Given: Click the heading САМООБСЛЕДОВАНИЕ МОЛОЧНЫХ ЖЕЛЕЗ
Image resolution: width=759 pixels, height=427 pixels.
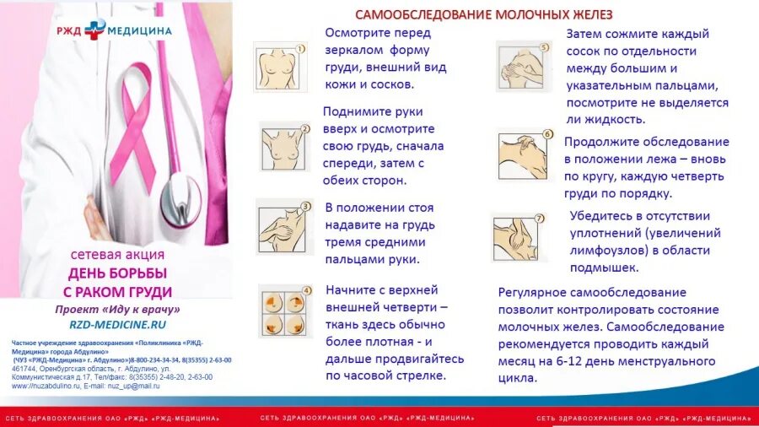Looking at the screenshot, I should coord(483,14).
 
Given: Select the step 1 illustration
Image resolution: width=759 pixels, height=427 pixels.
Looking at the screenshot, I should coord(280,65).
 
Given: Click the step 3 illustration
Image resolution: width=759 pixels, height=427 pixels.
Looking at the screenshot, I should coord(284,226).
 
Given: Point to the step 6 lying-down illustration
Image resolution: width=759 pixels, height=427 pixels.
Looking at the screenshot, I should coord(525,154).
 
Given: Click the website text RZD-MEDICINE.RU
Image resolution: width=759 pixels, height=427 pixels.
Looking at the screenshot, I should coord(117,324).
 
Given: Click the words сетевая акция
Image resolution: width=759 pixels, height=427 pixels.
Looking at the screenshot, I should coord(117,254).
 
